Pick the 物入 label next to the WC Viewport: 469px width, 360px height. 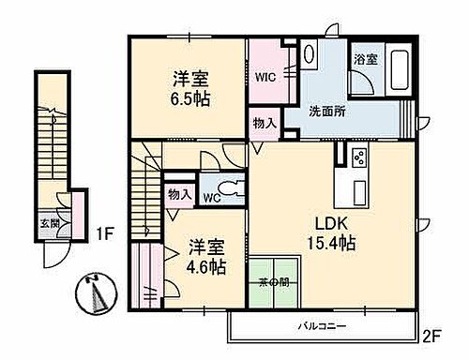pyautogui.click(x=178, y=195)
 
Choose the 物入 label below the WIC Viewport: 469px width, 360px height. pyautogui.click(x=264, y=123)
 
